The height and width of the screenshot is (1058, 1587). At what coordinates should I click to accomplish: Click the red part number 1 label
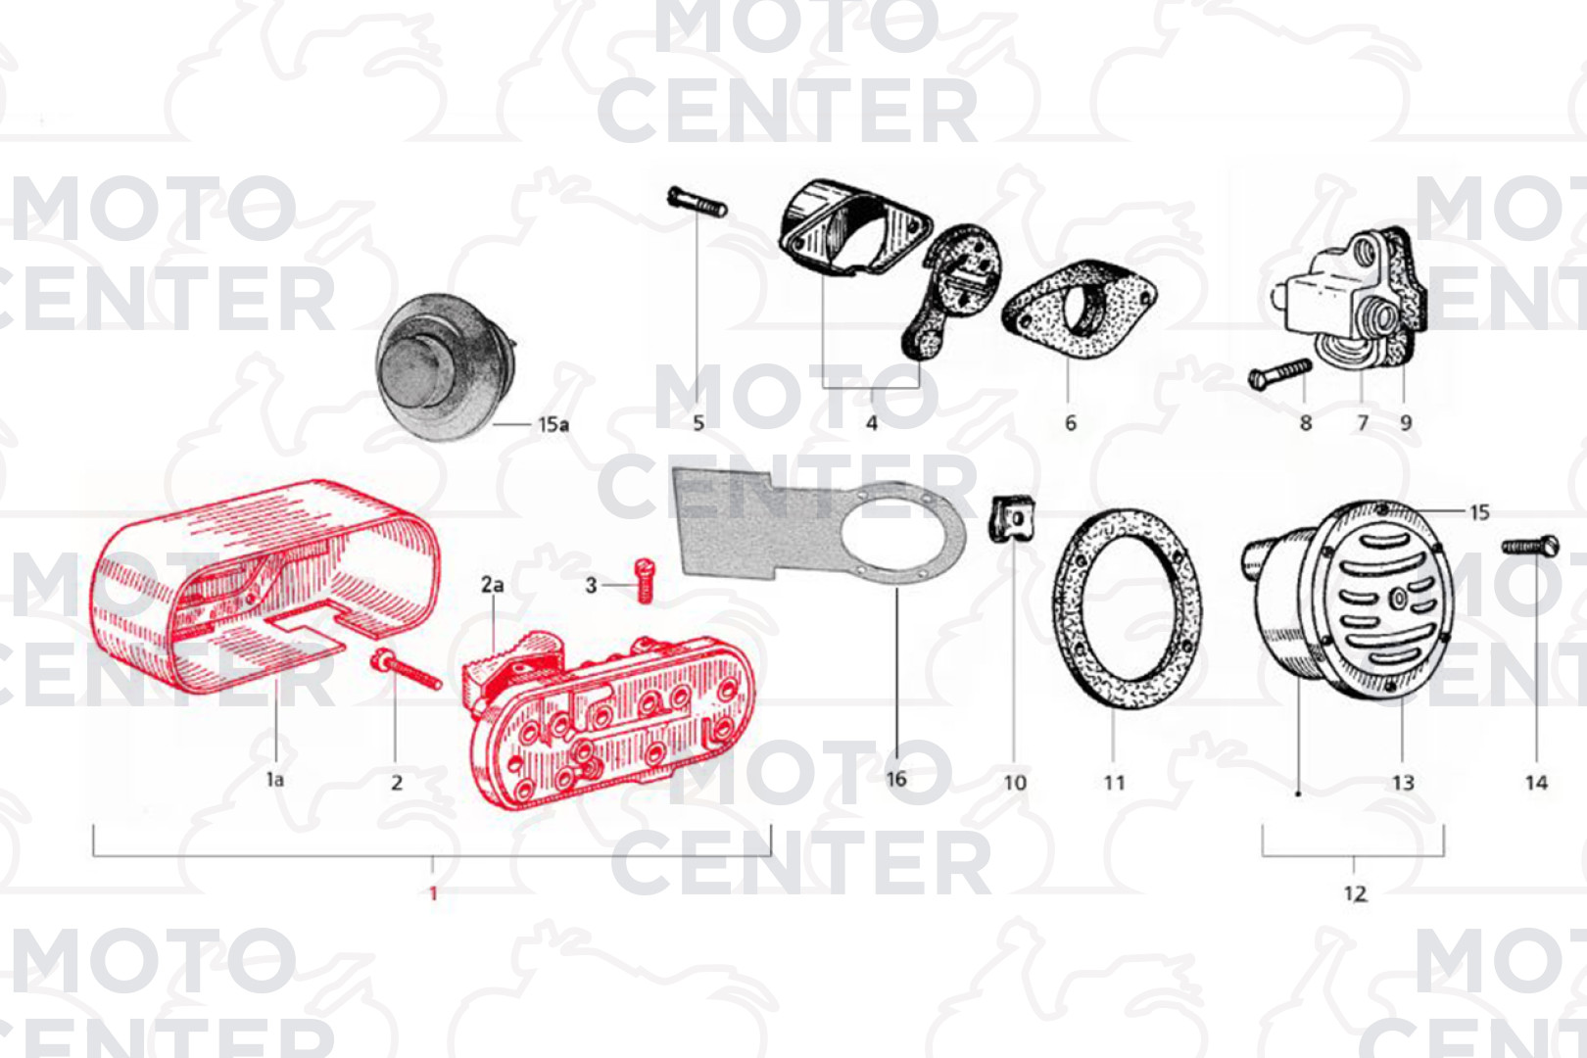434,893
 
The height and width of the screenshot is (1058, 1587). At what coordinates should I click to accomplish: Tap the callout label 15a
553,424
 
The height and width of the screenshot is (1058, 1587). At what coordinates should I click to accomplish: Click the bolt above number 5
697,201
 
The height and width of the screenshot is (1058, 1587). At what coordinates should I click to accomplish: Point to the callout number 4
872,424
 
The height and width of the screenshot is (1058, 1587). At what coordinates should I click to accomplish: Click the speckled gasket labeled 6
1079,309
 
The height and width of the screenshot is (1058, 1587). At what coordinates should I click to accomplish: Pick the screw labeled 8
1279,374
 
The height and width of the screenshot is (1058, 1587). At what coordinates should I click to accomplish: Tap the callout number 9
1406,423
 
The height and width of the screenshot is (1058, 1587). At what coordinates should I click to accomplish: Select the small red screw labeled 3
644,581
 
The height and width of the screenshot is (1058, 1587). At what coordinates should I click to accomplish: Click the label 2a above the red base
493,585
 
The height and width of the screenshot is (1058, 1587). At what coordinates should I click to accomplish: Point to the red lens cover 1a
264,588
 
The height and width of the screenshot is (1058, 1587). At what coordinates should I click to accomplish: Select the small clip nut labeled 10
1012,519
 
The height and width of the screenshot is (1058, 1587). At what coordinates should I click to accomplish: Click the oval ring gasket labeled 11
1127,608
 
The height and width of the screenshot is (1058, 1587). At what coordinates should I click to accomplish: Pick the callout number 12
1355,893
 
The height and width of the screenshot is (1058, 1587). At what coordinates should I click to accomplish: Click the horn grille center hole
1399,600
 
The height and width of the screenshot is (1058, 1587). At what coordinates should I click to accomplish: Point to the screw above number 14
1530,547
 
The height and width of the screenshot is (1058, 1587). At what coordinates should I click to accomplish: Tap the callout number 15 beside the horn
1479,512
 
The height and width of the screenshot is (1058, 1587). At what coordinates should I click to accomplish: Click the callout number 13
1403,783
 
